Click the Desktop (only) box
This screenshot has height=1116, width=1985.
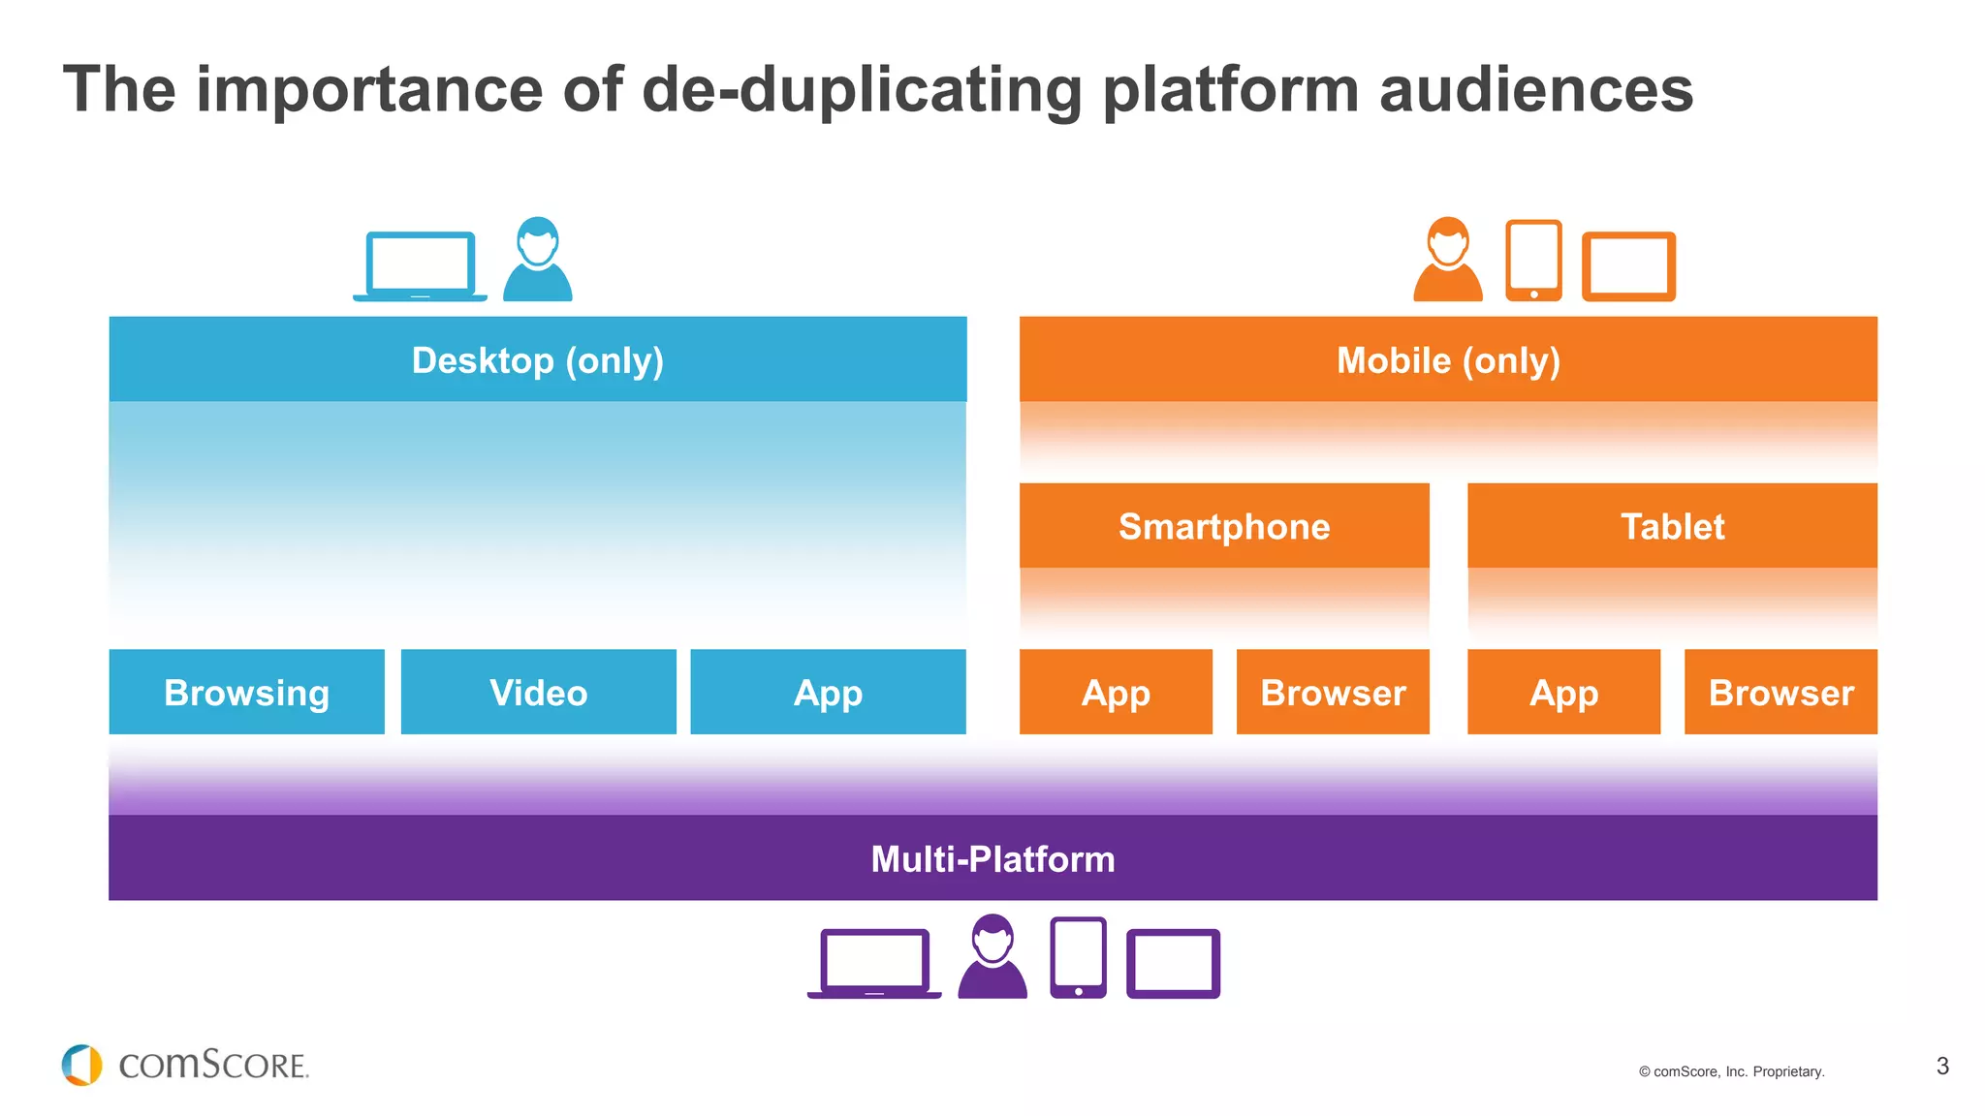point(538,359)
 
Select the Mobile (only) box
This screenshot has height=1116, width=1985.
point(1448,359)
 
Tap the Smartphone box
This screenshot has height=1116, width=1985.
point(1224,526)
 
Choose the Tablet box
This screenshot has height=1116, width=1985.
point(1672,526)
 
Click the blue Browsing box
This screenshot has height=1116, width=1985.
point(247,692)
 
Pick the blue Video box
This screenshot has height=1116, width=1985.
point(538,692)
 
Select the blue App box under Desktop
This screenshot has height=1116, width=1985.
point(828,692)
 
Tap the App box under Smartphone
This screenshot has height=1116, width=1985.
point(1116,692)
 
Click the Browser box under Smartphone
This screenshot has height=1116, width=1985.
point(1333,692)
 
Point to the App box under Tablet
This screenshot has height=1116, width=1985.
point(1563,692)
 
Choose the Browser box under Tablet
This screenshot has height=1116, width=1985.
point(1780,692)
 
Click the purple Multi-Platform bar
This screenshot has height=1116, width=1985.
point(992,858)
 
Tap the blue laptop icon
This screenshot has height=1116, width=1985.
point(420,265)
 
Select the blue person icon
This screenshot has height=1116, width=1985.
point(538,260)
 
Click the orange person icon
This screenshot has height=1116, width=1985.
point(1448,260)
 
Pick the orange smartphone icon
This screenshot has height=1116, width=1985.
point(1533,261)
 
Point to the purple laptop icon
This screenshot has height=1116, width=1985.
point(874,963)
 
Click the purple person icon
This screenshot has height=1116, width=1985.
point(992,957)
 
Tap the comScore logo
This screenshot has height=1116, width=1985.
point(184,1065)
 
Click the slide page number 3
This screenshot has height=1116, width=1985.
point(1942,1067)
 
